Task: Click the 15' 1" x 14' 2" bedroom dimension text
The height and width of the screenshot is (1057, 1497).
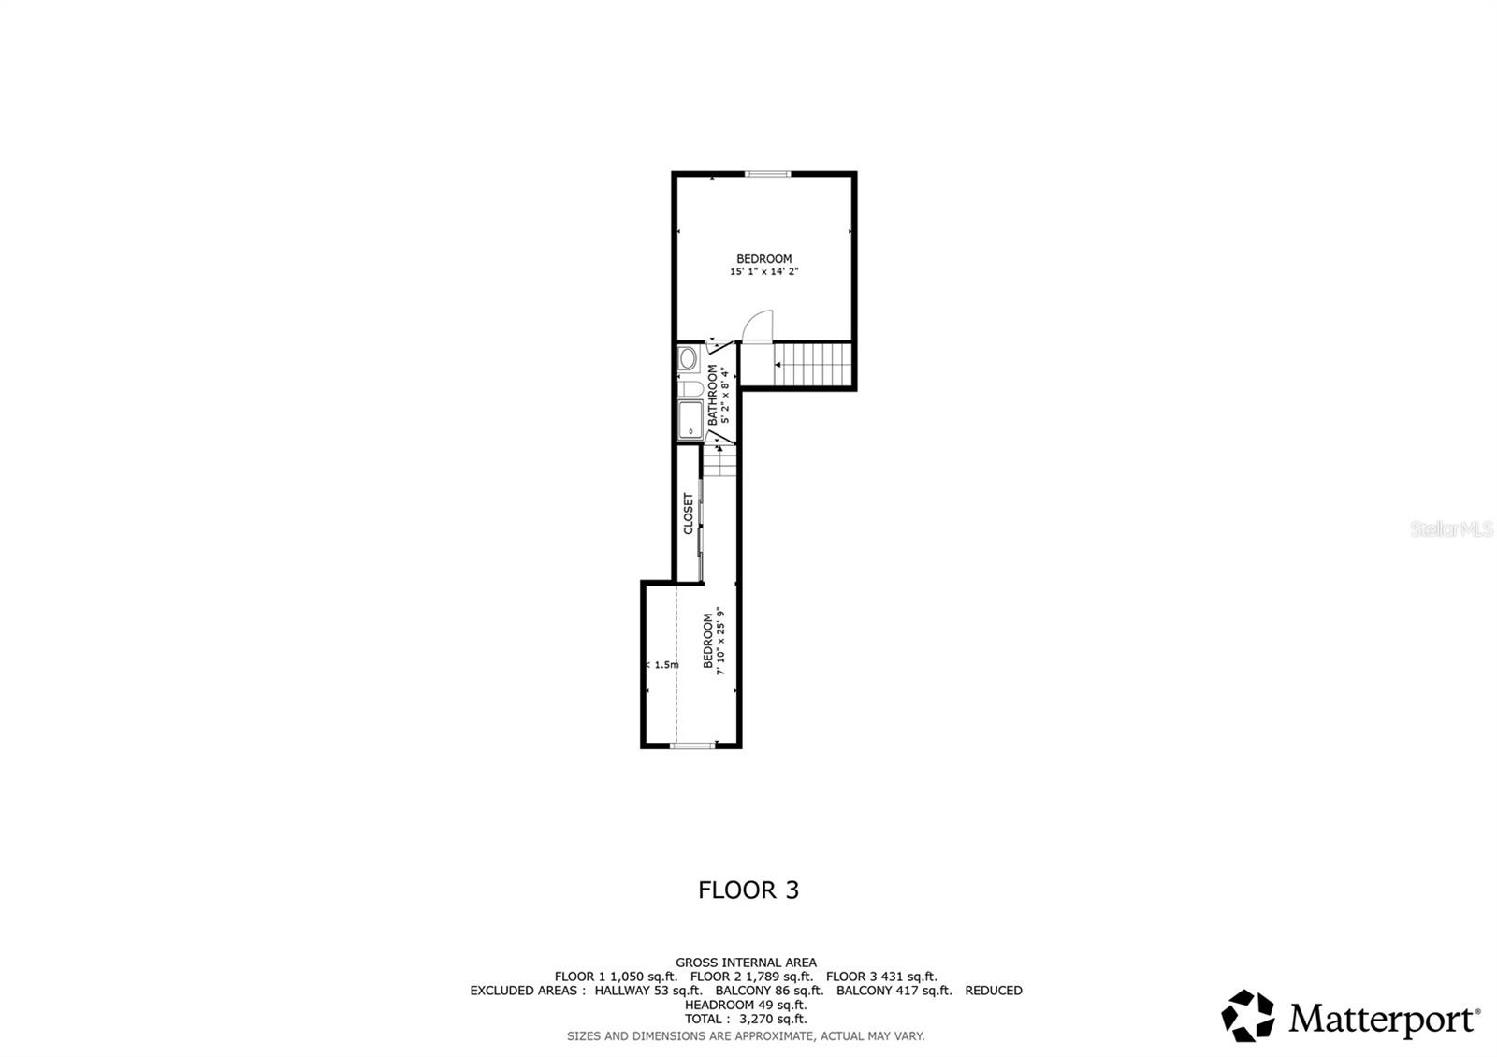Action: pos(763,272)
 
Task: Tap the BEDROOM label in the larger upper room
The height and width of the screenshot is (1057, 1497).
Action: pos(763,259)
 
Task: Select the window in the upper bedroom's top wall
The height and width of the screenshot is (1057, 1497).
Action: pos(767,173)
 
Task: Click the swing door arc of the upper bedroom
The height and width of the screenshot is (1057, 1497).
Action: pos(756,326)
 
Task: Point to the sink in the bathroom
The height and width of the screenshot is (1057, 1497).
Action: pos(688,359)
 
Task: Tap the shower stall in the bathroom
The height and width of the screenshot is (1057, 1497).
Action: pos(690,419)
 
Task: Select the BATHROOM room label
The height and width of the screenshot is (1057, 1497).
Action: pos(712,395)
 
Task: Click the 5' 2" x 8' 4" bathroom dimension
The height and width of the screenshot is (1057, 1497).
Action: pos(723,395)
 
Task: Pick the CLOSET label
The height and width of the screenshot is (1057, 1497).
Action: pos(689,514)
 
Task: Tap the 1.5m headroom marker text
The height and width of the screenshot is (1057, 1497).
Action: pos(665,665)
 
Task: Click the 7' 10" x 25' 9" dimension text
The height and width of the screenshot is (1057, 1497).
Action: pos(720,643)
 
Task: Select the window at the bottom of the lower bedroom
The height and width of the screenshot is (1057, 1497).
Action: pos(693,746)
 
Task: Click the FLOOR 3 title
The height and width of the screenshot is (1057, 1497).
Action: pos(748,890)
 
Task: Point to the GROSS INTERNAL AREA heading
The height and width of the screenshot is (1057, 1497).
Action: pos(746,963)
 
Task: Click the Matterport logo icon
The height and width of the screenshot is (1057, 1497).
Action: pos(1248,1016)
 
